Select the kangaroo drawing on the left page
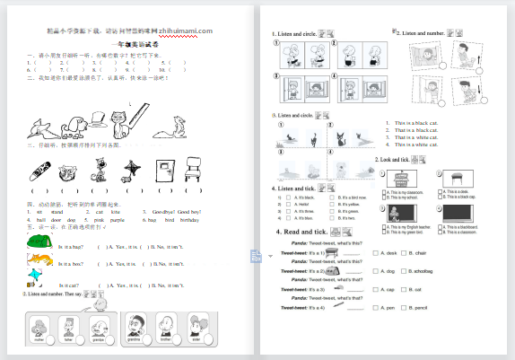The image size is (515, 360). (x=188, y=127)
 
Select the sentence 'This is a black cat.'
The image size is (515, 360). (x=412, y=123)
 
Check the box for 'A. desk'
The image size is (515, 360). (x=374, y=253)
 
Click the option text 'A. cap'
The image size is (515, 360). (x=389, y=289)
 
